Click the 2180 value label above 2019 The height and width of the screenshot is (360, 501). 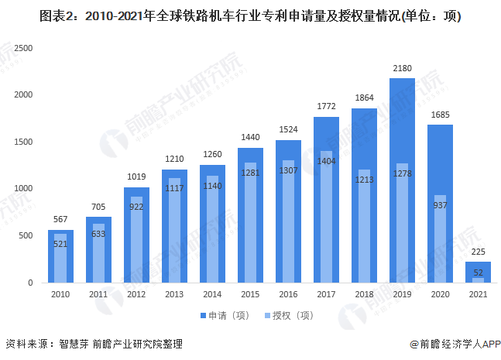click(x=403, y=69)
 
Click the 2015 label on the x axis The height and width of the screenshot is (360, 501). click(x=250, y=294)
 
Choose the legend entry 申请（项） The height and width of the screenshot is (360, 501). click(x=223, y=315)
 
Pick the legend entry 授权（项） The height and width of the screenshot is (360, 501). click(x=290, y=315)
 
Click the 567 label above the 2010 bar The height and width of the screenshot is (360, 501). click(x=61, y=220)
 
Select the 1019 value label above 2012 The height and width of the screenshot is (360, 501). click(x=136, y=177)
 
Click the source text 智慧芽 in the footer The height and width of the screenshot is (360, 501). click(x=74, y=343)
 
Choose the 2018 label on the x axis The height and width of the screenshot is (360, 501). click(x=364, y=294)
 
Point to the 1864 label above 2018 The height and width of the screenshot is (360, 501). click(x=364, y=98)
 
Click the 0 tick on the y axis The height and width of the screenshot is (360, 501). click(x=31, y=283)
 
